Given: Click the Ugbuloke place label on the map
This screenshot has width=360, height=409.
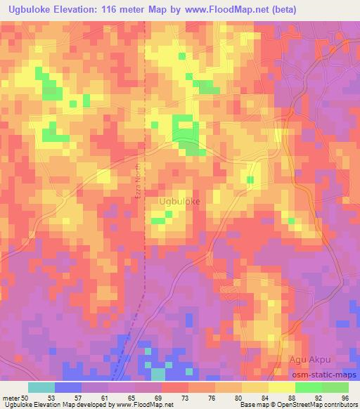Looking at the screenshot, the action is coord(180,201).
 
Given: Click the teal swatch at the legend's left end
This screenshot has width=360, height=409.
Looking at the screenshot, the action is coord(41,387).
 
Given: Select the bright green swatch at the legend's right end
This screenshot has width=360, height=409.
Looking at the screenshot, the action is coord(335,387).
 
